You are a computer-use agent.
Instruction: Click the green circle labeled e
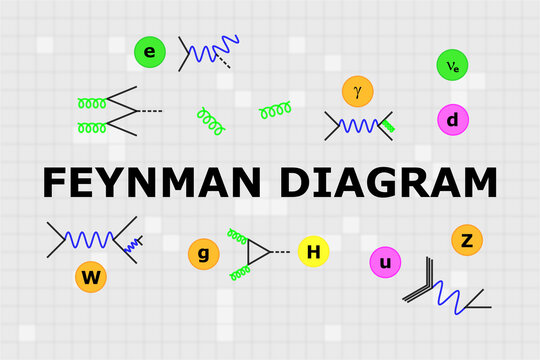pos(150,52)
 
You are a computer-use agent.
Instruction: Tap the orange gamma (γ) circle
pos(357,91)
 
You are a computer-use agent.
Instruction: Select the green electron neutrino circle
pos(453,66)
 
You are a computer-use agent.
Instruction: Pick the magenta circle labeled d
pos(453,120)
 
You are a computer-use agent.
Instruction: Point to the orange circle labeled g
pos(203,254)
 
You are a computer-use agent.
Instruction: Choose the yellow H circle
pos(313,253)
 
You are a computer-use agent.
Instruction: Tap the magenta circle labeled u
pos(385,263)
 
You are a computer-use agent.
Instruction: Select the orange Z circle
pos(467,240)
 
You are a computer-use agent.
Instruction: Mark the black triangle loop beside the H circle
pos(260,253)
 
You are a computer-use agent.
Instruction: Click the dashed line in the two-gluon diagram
pos(151,109)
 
